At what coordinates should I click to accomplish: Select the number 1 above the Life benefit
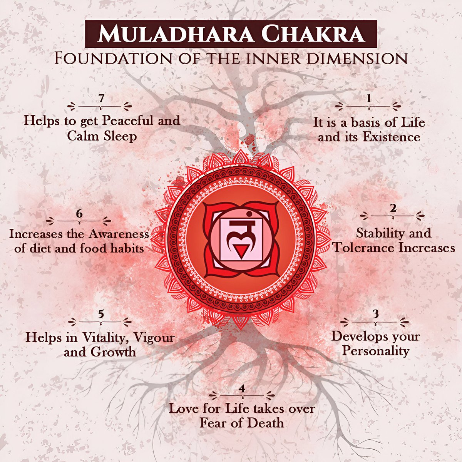tap(369, 98)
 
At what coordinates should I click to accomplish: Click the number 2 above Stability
tap(393, 208)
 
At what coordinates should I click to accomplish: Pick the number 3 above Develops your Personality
tap(376, 314)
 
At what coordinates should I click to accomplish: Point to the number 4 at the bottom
tap(242, 389)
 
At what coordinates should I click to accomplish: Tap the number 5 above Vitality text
tap(101, 314)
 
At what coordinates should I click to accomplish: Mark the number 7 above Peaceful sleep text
tap(101, 98)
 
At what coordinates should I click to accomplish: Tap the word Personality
tap(376, 351)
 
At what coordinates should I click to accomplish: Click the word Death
tap(265, 423)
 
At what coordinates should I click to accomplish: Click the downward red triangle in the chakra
tap(241, 253)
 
